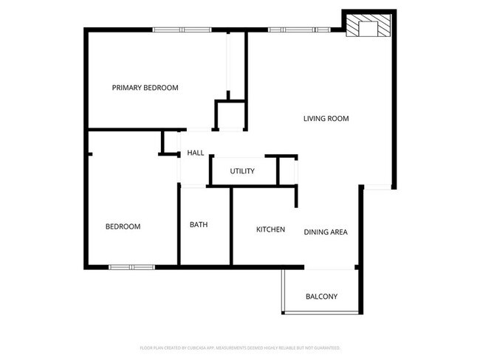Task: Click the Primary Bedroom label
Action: coord(145,88)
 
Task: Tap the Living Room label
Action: coord(326,118)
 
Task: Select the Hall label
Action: coord(196,153)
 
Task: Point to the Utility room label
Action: coord(242,171)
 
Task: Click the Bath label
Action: coord(198,225)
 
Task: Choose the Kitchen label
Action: coord(270,229)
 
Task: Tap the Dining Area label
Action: coord(326,232)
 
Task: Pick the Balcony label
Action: coord(321,297)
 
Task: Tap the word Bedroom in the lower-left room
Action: coord(123,226)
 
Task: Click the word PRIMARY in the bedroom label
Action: coord(127,88)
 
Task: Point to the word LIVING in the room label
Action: coord(315,118)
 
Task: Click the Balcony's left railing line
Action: coord(282,291)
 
